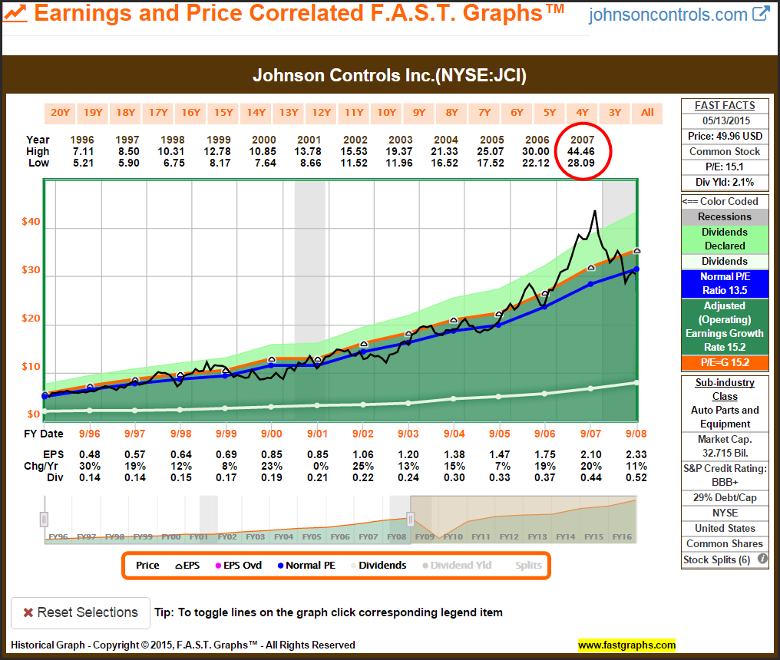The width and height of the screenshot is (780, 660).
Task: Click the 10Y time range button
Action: click(386, 113)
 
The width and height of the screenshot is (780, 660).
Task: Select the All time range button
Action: click(647, 113)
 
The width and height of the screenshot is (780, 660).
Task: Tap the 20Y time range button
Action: click(60, 113)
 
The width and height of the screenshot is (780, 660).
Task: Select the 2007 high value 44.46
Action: click(581, 152)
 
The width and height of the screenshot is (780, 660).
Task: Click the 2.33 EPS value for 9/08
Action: click(636, 454)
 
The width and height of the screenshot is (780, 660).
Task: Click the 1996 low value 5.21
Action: click(82, 163)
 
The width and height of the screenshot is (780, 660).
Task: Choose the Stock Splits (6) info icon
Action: click(762, 559)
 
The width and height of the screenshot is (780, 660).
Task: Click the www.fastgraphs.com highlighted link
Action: click(626, 645)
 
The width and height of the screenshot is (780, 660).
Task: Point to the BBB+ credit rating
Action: click(724, 482)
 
